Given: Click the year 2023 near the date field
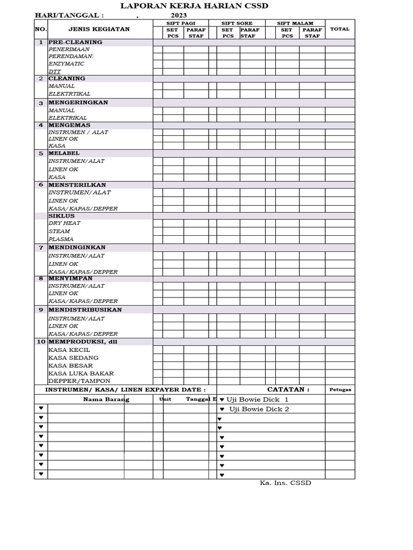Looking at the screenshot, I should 179,15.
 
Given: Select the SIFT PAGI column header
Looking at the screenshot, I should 181,24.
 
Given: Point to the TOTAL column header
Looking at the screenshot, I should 339,29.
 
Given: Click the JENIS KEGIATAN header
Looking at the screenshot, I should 99,29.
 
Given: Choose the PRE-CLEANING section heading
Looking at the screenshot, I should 75,42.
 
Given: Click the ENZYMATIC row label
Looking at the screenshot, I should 66,63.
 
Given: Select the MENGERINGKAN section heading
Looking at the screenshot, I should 79,102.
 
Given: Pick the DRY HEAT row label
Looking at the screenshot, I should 65,223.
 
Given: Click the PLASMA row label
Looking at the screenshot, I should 61,239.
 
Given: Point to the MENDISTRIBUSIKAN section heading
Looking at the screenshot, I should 85,310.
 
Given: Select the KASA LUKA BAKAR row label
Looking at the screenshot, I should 81,373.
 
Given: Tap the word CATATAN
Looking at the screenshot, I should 288,389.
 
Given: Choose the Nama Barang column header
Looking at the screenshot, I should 106,400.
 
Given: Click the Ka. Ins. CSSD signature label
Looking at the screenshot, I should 286,483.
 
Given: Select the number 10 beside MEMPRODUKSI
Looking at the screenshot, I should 41,342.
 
